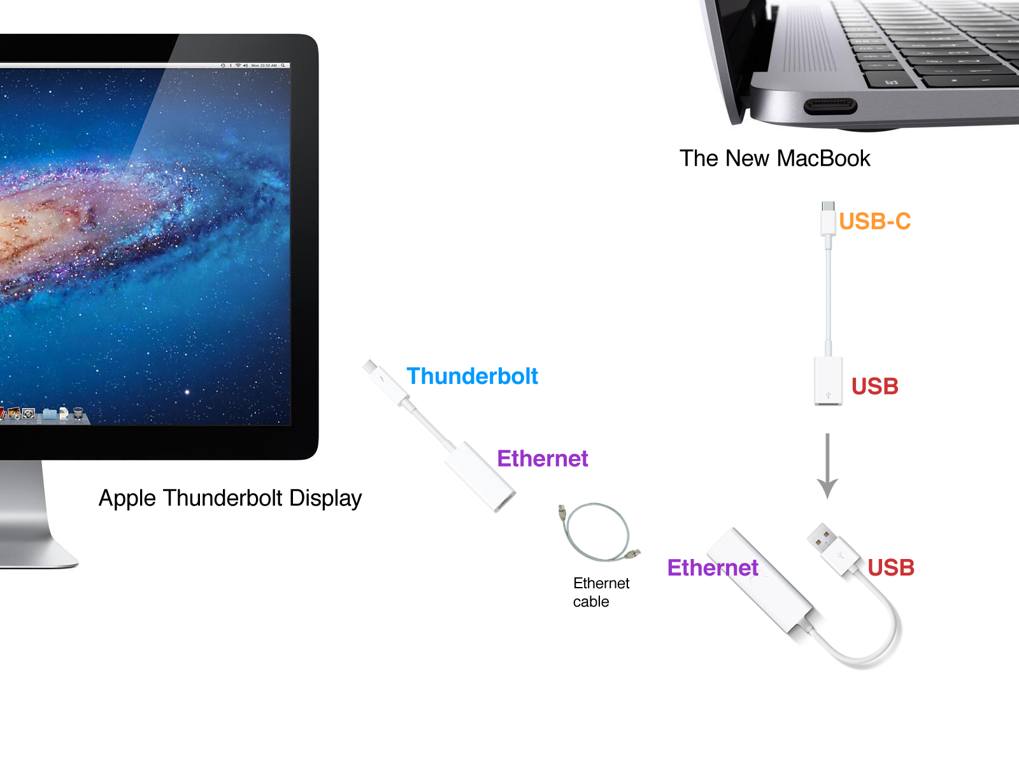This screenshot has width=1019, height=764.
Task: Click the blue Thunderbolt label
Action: pyautogui.click(x=472, y=376)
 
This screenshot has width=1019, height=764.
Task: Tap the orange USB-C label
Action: pyautogui.click(x=874, y=221)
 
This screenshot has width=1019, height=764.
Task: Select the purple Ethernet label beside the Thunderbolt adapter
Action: pyautogui.click(x=542, y=458)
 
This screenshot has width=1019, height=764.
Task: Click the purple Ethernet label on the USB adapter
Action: pyautogui.click(x=713, y=567)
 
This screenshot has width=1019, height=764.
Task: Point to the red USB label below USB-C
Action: pyautogui.click(x=874, y=386)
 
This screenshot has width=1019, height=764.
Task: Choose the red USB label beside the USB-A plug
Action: pyautogui.click(x=891, y=567)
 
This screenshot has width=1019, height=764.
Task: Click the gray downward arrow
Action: pyautogui.click(x=827, y=466)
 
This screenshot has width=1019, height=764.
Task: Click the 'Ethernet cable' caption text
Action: pyautogui.click(x=601, y=592)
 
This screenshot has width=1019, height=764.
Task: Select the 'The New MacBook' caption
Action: pyautogui.click(x=774, y=158)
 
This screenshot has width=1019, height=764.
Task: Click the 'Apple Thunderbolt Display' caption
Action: pyautogui.click(x=231, y=499)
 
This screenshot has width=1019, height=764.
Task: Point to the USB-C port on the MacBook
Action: pyautogui.click(x=830, y=106)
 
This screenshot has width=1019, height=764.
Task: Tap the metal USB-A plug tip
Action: pyautogui.click(x=821, y=537)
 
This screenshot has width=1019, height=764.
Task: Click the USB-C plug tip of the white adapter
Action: pyautogui.click(x=828, y=206)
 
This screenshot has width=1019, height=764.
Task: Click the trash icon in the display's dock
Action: pyautogui.click(x=78, y=413)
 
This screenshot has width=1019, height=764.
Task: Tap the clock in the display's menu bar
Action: pyautogui.click(x=264, y=66)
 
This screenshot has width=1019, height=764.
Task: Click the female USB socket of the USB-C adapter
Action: pyautogui.click(x=829, y=381)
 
